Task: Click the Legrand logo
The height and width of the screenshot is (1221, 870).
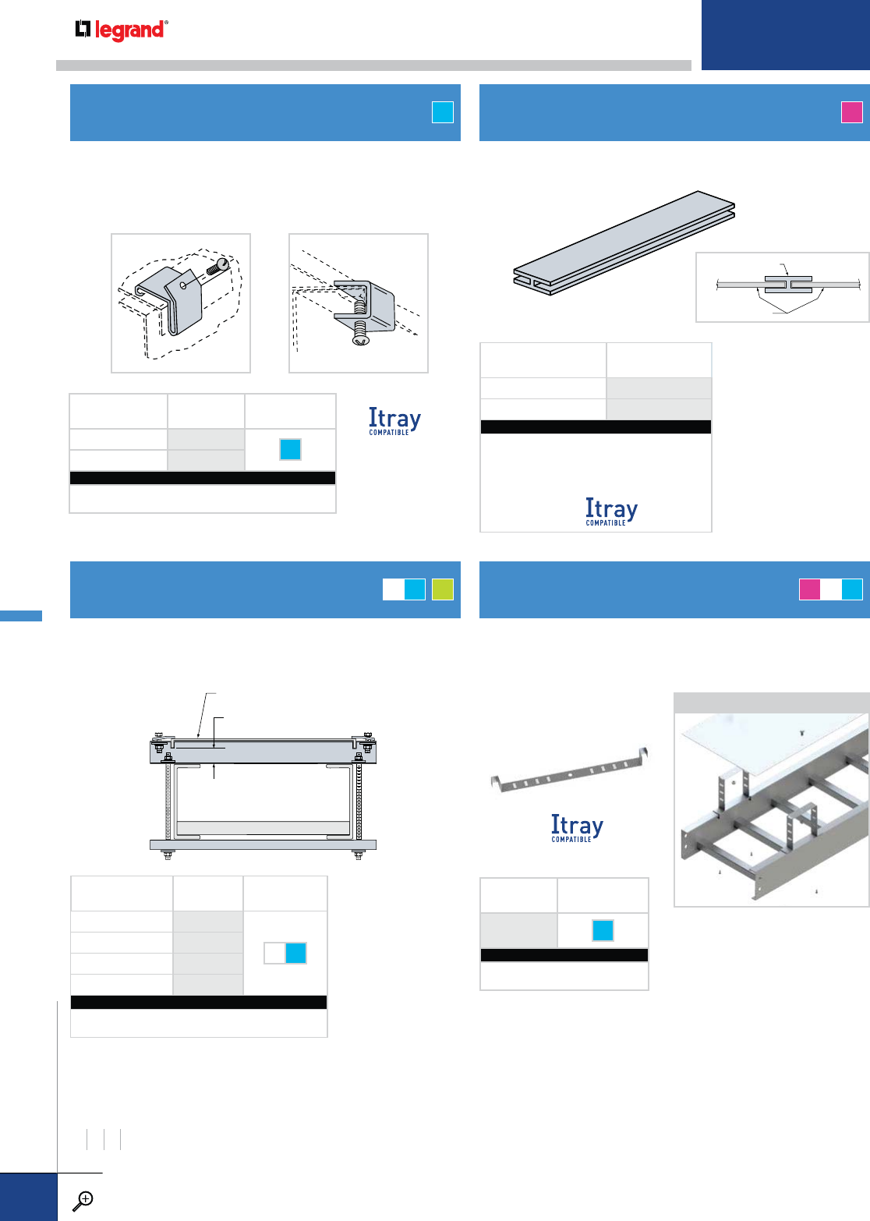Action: click(x=121, y=30)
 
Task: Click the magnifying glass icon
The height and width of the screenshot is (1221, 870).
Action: click(x=82, y=1201)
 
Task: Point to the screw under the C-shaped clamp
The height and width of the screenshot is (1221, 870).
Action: click(x=359, y=332)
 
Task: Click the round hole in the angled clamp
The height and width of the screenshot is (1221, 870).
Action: click(x=182, y=285)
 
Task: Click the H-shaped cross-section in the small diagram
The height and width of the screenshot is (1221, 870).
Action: click(x=787, y=285)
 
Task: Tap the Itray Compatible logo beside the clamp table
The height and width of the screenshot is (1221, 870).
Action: click(x=394, y=421)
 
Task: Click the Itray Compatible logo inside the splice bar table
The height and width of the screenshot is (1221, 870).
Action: click(x=611, y=511)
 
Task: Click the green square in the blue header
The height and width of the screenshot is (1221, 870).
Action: click(x=442, y=589)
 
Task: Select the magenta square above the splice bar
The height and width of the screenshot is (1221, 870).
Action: click(x=852, y=112)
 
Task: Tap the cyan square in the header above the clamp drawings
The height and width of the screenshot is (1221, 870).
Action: click(x=442, y=112)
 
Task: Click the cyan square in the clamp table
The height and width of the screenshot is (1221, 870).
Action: click(x=290, y=449)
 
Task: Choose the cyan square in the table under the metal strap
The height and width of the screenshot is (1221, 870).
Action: click(x=603, y=930)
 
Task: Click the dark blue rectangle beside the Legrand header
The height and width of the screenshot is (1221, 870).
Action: click(x=785, y=35)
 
